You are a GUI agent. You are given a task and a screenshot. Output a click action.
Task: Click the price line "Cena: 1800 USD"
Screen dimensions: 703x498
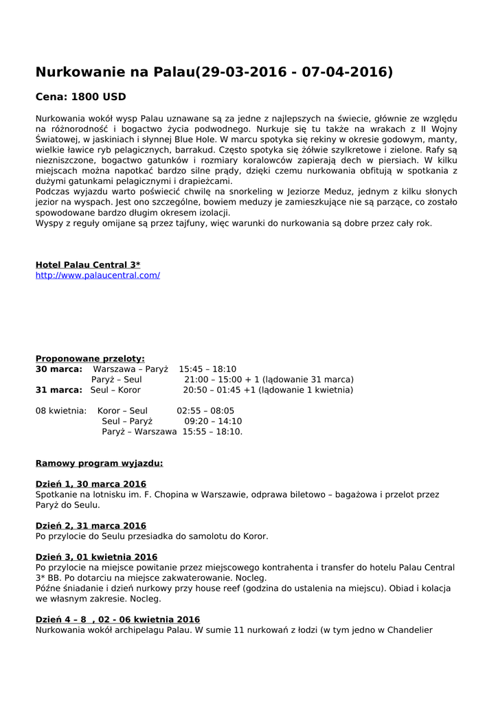(x=80, y=97)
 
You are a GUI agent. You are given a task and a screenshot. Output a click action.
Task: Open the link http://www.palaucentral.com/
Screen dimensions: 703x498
(x=98, y=275)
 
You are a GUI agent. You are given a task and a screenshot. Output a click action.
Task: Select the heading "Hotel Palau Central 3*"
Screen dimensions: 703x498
(x=88, y=265)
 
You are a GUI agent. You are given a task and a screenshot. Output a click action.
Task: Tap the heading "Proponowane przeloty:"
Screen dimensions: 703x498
(x=90, y=358)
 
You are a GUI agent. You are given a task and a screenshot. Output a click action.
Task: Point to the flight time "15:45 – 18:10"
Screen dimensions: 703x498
(x=207, y=369)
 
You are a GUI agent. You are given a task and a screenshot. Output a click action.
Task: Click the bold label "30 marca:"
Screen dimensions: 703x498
(x=59, y=369)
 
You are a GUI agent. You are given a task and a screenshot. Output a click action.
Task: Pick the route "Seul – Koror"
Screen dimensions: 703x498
(x=115, y=390)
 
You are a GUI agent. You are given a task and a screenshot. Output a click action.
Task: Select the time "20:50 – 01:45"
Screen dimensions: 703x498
(x=212, y=390)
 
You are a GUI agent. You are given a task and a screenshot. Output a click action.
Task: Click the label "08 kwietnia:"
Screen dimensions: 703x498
(x=61, y=411)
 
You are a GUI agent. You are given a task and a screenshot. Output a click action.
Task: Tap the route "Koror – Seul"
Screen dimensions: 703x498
(x=122, y=411)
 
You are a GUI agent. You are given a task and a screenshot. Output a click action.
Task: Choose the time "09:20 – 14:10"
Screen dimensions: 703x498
(x=213, y=421)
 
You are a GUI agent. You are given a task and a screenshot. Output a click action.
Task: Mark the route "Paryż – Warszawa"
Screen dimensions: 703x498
(x=139, y=432)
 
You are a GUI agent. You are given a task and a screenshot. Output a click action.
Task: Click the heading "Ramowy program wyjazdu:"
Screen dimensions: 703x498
(x=99, y=463)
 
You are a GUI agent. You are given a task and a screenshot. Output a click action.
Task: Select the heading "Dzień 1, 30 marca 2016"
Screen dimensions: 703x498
(x=91, y=484)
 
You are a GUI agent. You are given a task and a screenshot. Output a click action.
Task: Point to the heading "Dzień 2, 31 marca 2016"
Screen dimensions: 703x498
(x=91, y=526)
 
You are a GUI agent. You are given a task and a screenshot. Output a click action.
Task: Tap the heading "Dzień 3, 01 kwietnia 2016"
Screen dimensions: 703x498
(x=96, y=557)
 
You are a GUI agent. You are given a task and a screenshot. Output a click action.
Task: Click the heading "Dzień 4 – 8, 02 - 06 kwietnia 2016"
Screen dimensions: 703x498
(x=117, y=619)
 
